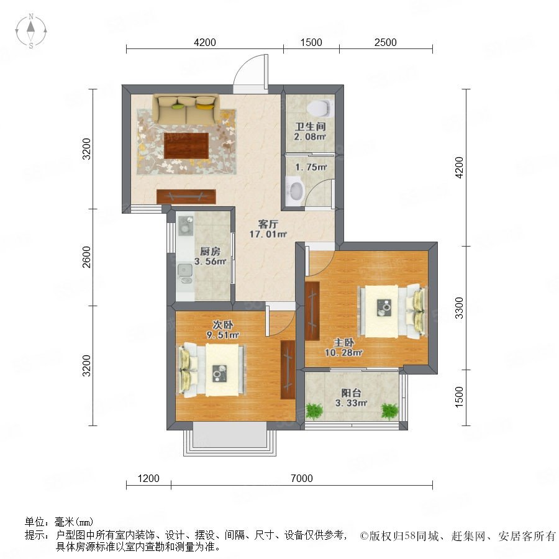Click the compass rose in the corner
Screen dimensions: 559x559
31,31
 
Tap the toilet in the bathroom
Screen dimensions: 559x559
319,108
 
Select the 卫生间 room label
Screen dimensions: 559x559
310,126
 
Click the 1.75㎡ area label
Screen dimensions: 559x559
311,167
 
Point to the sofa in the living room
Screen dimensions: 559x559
186,109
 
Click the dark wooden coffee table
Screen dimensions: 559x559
186,145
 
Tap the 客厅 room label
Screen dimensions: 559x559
268,224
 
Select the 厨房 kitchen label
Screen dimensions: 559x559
210,252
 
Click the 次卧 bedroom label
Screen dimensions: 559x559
223,325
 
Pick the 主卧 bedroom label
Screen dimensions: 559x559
343,343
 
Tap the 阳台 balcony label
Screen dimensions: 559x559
351,393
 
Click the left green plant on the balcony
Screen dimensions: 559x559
314,411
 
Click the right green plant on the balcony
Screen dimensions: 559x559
389,411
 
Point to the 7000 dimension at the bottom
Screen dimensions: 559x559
302,478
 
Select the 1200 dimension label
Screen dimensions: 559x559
148,478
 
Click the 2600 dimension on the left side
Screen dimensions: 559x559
86,257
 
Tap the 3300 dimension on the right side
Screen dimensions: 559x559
459,307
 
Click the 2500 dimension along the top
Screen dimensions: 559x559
385,42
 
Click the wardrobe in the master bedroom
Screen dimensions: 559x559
312,311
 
